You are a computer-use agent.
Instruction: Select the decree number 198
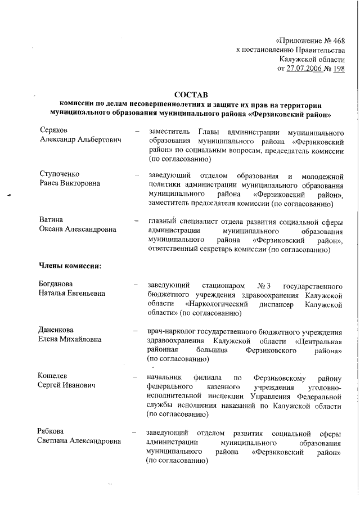click(339, 69)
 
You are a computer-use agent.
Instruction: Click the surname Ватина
click(51, 219)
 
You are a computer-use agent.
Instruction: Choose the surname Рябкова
click(52, 432)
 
